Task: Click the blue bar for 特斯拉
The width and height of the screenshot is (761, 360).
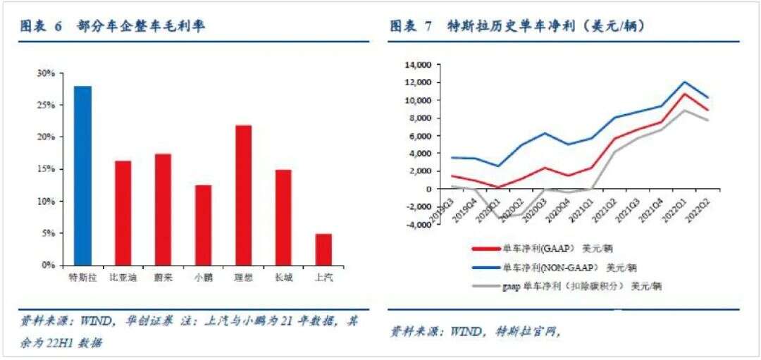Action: point(83,176)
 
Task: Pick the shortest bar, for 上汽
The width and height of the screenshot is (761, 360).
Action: point(323,249)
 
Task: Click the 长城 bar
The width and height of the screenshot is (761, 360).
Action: point(283,218)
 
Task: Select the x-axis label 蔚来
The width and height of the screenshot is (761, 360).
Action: point(163,278)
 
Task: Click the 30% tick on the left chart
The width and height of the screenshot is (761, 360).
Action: point(46,73)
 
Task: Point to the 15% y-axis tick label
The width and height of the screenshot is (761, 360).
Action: point(46,169)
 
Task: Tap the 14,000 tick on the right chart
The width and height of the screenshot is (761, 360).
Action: point(416,65)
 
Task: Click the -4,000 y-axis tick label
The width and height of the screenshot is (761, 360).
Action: point(416,225)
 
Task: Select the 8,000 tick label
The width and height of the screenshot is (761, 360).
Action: point(418,118)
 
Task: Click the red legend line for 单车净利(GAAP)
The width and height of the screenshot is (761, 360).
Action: point(485,248)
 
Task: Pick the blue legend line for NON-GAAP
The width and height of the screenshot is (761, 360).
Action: point(485,268)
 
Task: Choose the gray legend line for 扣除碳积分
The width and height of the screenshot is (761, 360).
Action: point(485,287)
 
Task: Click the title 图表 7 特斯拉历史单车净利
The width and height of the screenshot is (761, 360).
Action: point(518,27)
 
